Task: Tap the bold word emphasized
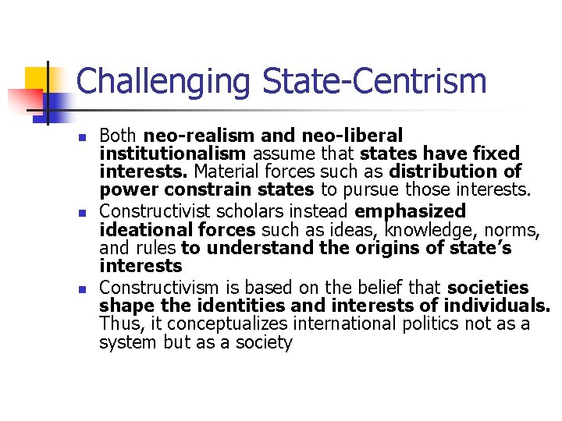pos(410,210)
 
